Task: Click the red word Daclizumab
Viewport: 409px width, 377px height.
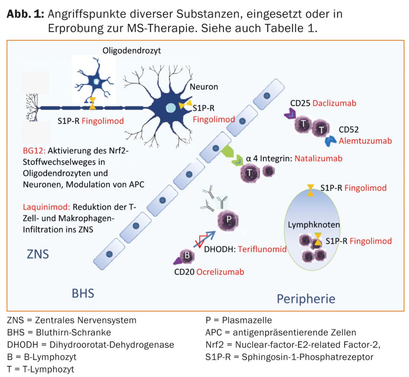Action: (x=334, y=103)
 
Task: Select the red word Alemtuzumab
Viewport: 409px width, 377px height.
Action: (x=365, y=141)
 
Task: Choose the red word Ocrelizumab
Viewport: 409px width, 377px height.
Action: (x=220, y=272)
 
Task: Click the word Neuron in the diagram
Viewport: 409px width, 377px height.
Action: (x=204, y=87)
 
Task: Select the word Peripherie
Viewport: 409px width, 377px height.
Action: (x=306, y=298)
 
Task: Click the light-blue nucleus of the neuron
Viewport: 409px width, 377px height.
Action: (x=171, y=107)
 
